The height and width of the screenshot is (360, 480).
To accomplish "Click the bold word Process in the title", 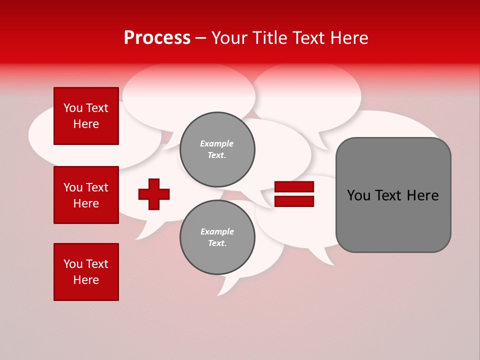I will pos(157,38).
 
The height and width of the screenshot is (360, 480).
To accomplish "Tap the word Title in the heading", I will pos(268,38).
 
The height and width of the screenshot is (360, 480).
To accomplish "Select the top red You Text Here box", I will pos(86,116).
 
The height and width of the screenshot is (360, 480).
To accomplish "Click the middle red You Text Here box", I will pos(86,195).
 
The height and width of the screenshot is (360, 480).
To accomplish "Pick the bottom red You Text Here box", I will pos(86,271).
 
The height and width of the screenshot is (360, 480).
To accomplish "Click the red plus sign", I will pos(154,194).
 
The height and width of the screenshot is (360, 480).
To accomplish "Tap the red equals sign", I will pos(294,194).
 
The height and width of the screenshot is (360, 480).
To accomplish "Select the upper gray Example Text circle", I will pos(217,149).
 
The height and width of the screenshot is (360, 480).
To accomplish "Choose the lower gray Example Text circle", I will pos(217,237).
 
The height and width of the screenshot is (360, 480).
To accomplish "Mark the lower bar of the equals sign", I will pos(294,201).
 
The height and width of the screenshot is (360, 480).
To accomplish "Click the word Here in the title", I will pos(349,38).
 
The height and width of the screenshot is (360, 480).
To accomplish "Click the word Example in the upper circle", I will pos(216,143).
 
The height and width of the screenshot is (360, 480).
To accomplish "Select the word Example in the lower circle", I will pos(217,231).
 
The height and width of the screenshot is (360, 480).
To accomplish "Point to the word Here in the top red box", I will pos(86,124).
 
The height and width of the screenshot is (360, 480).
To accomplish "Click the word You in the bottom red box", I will pos(73,264).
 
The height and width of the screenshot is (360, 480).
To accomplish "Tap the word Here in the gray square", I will pos(422,195).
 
